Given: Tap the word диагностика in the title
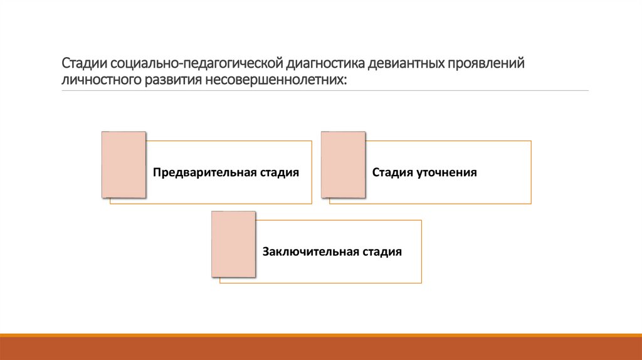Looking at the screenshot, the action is pos(325,64).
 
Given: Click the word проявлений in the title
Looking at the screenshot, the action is pos(488,64).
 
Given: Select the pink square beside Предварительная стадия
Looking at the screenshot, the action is pos(124,165).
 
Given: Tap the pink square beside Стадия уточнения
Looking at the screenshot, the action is pos(343,165).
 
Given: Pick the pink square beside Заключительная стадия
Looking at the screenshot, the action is pos(233,244).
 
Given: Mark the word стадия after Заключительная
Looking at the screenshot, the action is pos(382,252).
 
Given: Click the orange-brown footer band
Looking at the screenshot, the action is pos(321,348).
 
